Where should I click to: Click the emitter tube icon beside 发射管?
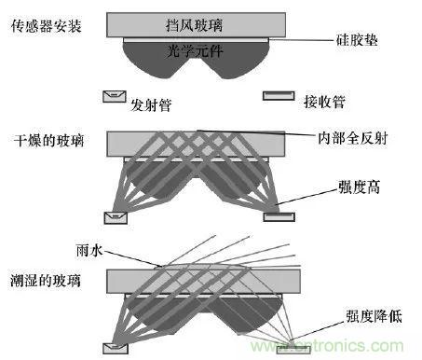(x=116, y=96)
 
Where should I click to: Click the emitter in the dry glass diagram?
(x=117, y=219)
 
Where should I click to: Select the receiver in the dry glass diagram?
(x=279, y=218)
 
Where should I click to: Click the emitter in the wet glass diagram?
(x=117, y=348)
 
